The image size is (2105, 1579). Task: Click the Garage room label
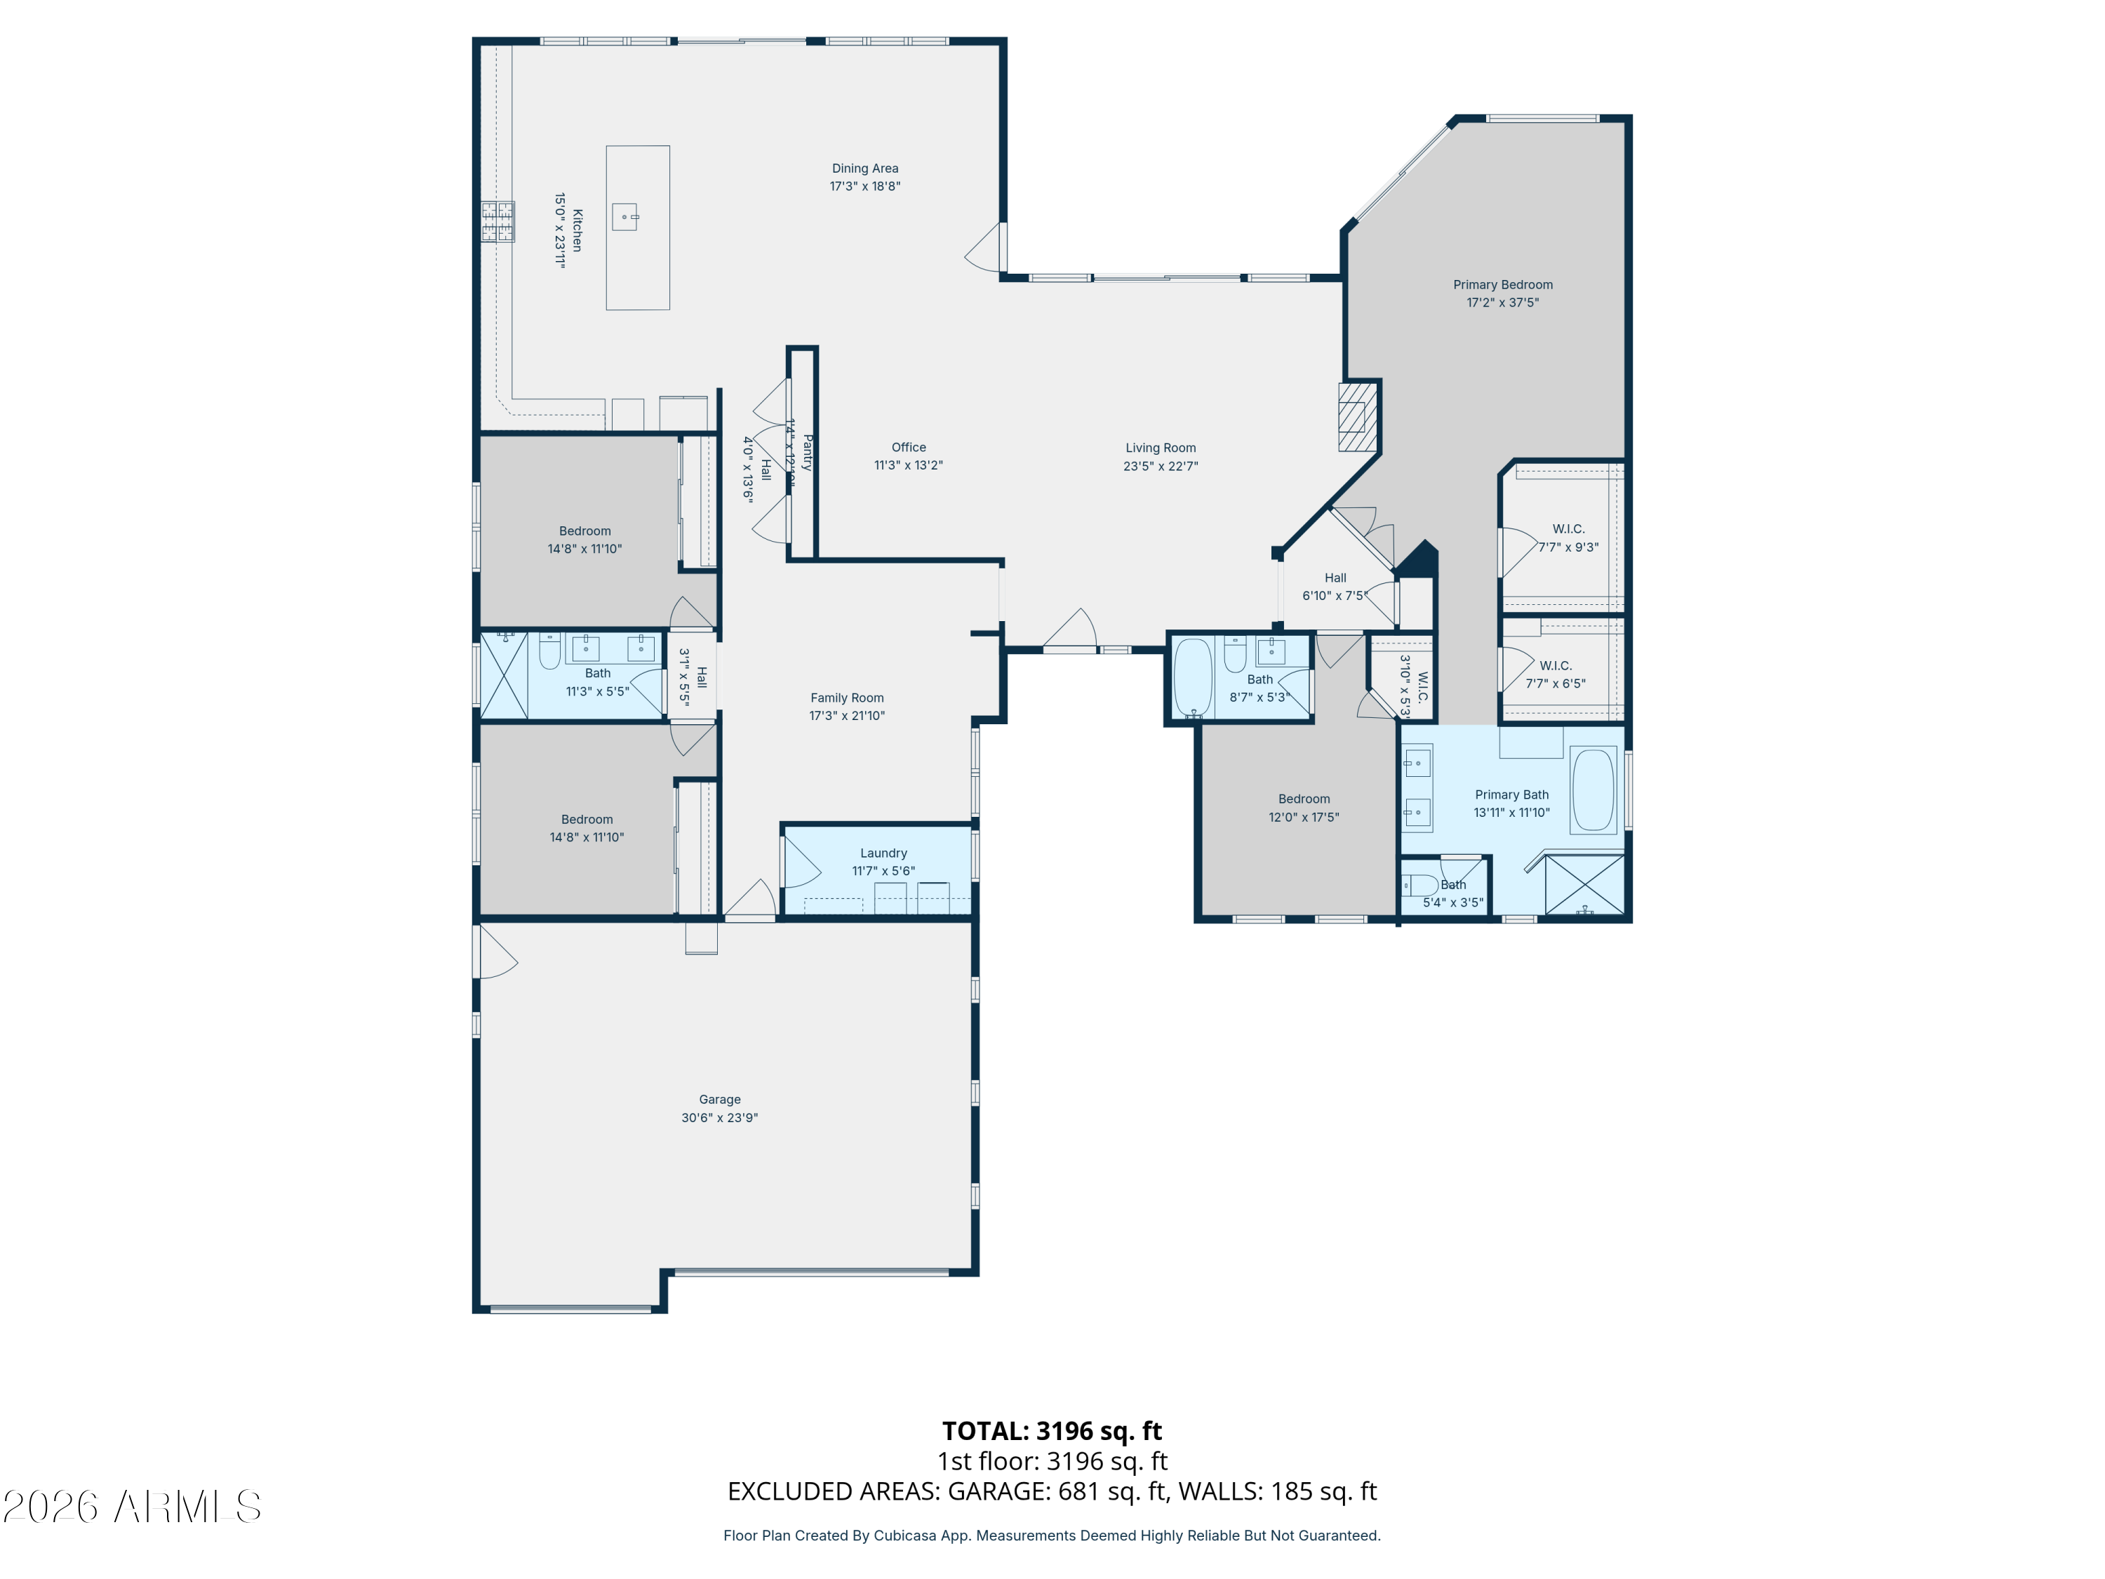[719, 1099]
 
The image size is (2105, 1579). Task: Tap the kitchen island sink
[624, 217]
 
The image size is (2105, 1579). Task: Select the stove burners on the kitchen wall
[497, 222]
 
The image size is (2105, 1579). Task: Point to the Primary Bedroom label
[1503, 285]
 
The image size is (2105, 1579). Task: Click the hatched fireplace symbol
[1357, 416]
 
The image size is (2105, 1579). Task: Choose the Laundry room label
[883, 853]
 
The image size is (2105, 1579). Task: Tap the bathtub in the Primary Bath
[1592, 790]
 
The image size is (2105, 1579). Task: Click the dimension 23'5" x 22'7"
[1160, 467]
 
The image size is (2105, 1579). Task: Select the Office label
[908, 447]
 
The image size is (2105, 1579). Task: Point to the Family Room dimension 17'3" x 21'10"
[847, 716]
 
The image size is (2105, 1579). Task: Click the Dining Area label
[864, 168]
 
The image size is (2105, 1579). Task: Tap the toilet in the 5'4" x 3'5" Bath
[1419, 885]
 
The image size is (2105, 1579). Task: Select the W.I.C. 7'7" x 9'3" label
[1568, 529]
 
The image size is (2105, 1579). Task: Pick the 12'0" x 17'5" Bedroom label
[1304, 799]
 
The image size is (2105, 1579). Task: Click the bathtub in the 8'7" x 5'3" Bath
[1192, 677]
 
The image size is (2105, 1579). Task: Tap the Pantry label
[807, 453]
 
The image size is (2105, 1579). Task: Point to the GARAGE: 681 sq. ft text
[1055, 1491]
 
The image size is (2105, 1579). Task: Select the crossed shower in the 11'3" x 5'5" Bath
[503, 675]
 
